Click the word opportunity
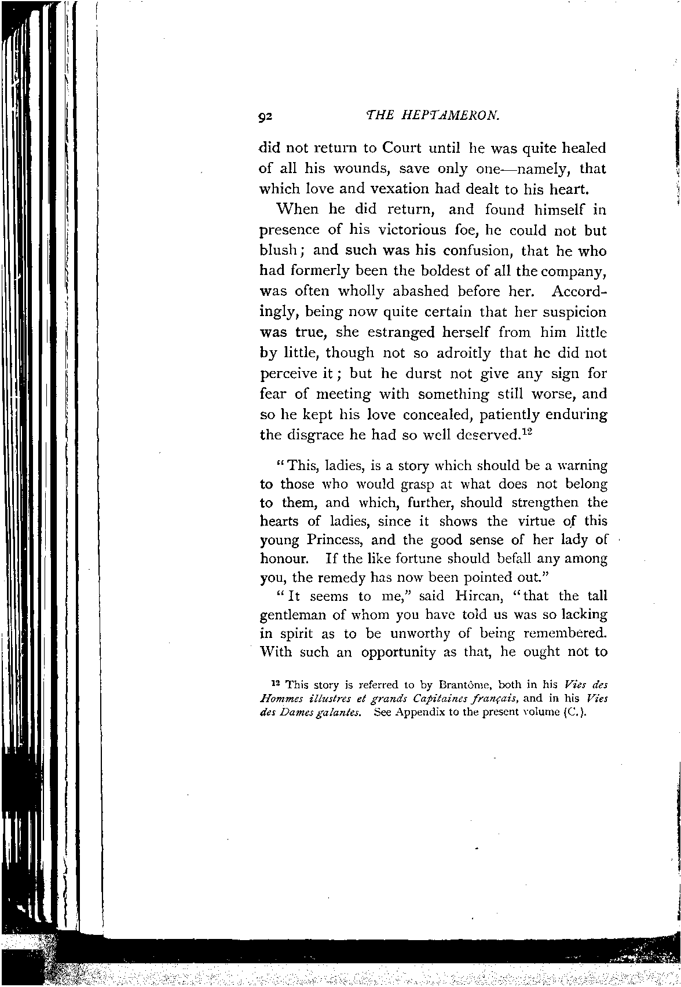[x=398, y=652]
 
